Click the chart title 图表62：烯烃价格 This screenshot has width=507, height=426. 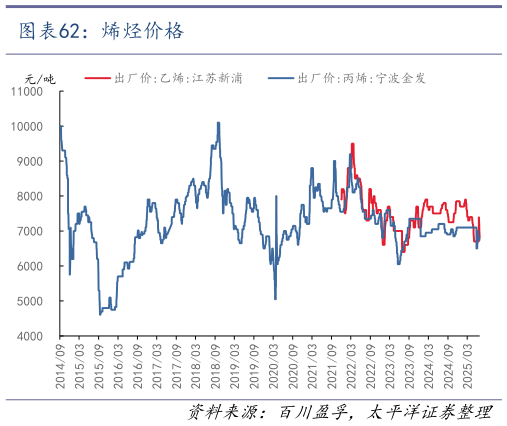[101, 31]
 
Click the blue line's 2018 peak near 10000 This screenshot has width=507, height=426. [219, 123]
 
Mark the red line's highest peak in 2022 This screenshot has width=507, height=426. [352, 144]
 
